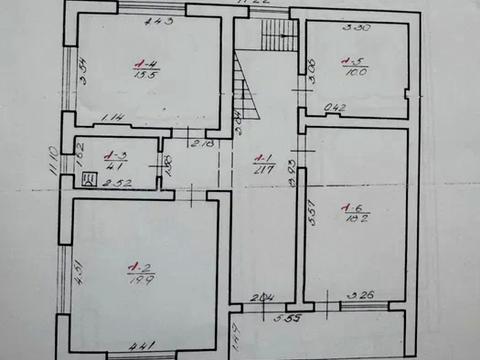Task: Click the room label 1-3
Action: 114,155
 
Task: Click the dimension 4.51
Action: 77,272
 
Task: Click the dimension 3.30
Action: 356,28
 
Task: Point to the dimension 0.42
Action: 335,106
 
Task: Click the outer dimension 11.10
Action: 53,160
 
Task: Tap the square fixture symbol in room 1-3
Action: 89,180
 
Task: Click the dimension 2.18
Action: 202,146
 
